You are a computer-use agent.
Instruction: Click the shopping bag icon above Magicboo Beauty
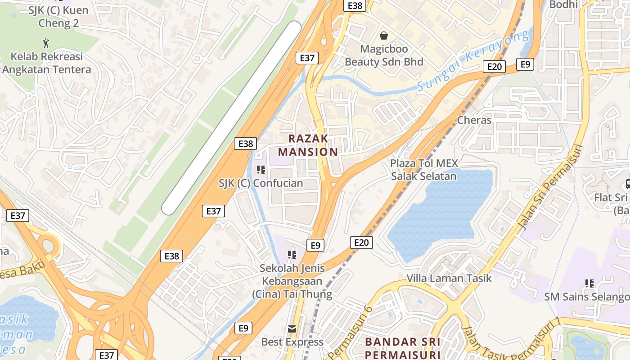click(x=384, y=35)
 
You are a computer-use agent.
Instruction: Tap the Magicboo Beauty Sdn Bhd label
click(x=384, y=55)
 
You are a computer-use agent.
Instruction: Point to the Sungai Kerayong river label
click(x=472, y=61)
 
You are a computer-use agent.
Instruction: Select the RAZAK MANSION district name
click(x=308, y=145)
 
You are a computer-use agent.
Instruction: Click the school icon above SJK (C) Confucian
click(x=261, y=170)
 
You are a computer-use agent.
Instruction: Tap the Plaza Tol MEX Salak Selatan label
click(x=424, y=170)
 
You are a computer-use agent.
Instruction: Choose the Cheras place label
click(x=474, y=120)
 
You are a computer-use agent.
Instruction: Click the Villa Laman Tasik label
click(x=449, y=278)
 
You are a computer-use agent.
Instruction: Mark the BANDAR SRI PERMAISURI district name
click(x=403, y=348)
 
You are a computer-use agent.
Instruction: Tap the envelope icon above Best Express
click(x=292, y=329)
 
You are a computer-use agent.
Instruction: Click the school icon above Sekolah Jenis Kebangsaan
click(x=292, y=255)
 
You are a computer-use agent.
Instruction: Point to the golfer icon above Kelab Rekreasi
click(x=46, y=44)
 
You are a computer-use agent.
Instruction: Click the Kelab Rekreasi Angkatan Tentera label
click(x=46, y=63)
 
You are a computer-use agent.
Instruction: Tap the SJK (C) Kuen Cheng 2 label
click(x=58, y=17)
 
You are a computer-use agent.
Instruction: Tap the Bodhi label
click(x=563, y=4)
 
